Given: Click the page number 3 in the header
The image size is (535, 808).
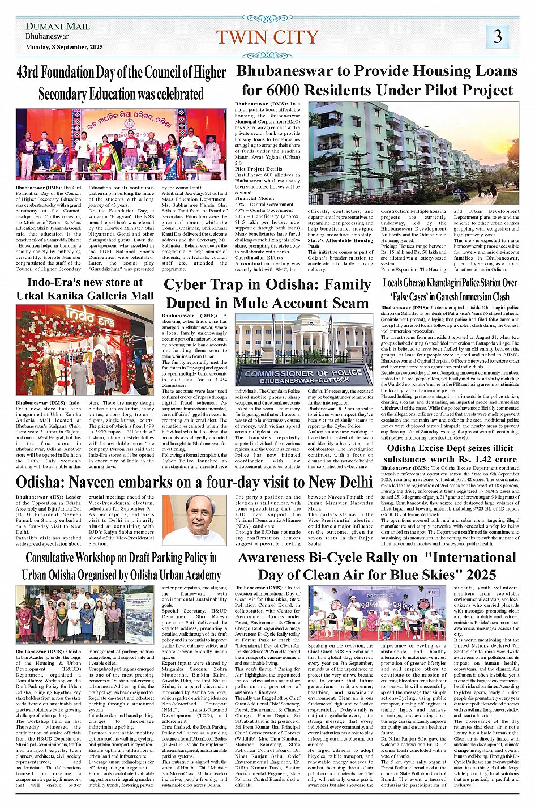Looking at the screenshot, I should (x=498, y=37).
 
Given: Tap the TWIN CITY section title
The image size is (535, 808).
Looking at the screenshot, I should (x=267, y=37).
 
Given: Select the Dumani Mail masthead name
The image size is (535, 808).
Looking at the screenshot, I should (x=58, y=26).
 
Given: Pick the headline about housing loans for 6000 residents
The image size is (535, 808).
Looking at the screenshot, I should (x=377, y=80).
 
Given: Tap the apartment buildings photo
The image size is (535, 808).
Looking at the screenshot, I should (x=413, y=153).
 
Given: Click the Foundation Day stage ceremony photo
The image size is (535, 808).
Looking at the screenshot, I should (x=121, y=144).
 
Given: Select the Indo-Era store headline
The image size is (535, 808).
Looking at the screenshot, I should (x=85, y=288).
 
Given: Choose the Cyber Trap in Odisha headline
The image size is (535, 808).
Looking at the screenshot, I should (x=267, y=293).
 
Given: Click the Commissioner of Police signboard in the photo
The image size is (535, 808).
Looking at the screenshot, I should (x=303, y=376).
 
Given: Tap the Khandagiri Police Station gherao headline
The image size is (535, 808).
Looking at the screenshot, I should (x=450, y=289).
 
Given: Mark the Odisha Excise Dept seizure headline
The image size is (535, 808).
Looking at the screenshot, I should (x=450, y=453).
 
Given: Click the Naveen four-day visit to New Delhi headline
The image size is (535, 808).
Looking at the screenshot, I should (x=194, y=482).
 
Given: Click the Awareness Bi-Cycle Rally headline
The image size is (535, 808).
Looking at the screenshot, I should (x=377, y=565).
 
